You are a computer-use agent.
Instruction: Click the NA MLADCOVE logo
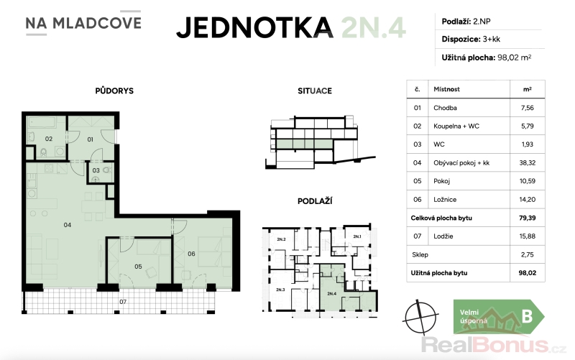click(83, 23)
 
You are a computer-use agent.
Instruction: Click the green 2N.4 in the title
click(373, 27)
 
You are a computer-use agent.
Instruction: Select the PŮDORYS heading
click(114, 91)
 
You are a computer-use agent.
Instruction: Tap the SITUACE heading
click(315, 91)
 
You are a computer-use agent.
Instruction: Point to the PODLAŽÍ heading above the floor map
click(315, 201)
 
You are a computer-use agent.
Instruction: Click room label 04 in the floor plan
click(68, 225)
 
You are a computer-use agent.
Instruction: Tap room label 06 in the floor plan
click(191, 254)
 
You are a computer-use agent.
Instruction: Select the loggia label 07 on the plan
click(123, 302)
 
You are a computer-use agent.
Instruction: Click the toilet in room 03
click(107, 170)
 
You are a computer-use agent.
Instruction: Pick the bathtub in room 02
click(42, 122)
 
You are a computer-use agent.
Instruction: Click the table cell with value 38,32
click(528, 163)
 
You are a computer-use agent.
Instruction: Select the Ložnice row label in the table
click(445, 200)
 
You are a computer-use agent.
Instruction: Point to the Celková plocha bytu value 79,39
click(528, 218)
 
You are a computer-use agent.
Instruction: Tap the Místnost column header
click(446, 89)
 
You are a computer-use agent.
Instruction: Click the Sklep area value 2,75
click(528, 254)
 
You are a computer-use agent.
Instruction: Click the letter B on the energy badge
click(527, 316)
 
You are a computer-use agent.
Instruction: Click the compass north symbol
click(420, 317)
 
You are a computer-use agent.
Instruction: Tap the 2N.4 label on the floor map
click(331, 294)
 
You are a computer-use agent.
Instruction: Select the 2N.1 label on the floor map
click(356, 236)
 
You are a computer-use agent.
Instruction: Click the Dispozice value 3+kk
click(492, 40)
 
